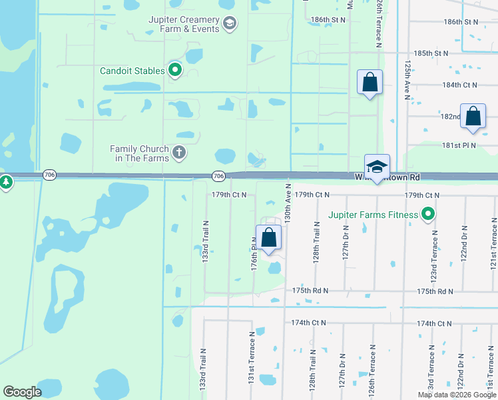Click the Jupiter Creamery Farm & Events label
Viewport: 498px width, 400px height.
click(183, 25)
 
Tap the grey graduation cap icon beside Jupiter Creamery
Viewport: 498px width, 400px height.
click(230, 25)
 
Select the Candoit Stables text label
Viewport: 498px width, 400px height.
click(132, 71)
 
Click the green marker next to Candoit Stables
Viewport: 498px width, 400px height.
click(176, 69)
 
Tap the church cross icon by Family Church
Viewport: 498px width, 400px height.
click(178, 153)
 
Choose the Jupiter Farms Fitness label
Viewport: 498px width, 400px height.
click(373, 215)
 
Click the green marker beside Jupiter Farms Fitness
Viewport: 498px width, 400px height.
click(428, 215)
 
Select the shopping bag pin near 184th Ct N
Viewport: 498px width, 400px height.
click(370, 83)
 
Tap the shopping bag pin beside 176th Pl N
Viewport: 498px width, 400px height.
click(268, 238)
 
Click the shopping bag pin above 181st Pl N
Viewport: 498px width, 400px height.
click(473, 117)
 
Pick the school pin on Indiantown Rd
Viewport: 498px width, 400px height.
click(377, 167)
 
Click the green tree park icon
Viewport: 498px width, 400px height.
click(6, 181)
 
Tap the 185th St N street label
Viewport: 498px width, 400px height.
click(431, 53)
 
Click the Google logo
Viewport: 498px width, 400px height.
click(22, 392)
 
